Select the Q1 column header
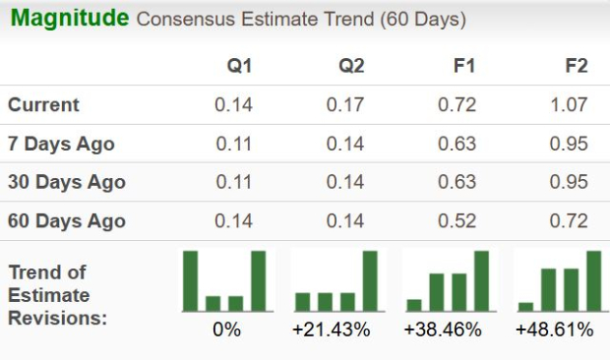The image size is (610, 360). coord(239,66)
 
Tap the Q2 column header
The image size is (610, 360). coord(351,66)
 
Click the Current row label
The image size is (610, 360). coord(44,104)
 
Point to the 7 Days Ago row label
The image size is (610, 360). coord(61,144)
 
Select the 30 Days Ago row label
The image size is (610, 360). coord(66,182)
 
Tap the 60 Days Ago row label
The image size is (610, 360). coord(66,220)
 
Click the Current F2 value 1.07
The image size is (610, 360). coord(570,104)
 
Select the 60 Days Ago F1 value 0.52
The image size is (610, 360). coord(458,220)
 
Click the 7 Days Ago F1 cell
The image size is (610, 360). coord(458,144)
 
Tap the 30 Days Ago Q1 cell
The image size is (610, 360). coord(234,182)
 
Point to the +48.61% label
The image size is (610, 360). coord(555,330)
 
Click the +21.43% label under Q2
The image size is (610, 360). coord(332,330)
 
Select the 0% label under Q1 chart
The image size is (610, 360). coord(226,330)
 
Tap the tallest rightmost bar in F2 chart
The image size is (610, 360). coord(593,280)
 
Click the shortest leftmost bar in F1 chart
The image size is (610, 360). coord(414,304)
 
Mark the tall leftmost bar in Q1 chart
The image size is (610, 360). coord(191,280)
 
